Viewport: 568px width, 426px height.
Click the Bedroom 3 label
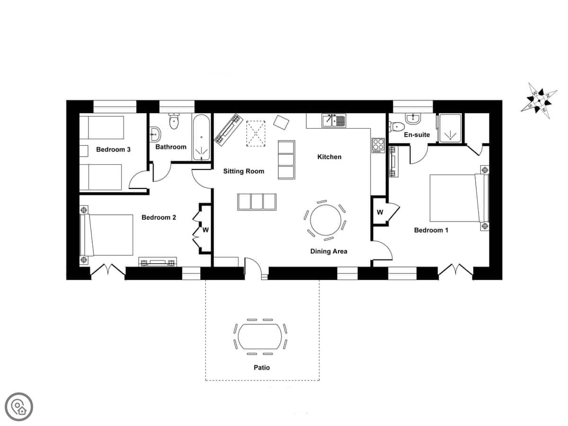[113, 150]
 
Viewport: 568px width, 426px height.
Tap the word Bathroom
[171, 147]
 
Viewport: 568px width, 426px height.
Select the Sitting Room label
[243, 171]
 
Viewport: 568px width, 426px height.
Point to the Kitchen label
[329, 157]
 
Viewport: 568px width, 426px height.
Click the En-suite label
[417, 134]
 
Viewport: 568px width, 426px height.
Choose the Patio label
[262, 368]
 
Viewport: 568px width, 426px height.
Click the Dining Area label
[328, 251]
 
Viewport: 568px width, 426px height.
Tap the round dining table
[326, 220]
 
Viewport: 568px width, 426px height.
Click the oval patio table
[259, 337]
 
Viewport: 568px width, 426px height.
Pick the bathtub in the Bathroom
[201, 137]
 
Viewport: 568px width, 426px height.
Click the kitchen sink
[334, 120]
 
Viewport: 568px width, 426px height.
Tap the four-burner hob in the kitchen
[378, 145]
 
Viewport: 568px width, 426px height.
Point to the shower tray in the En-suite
[450, 128]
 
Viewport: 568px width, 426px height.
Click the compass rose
[539, 101]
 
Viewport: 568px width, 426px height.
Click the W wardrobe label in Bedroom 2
[205, 230]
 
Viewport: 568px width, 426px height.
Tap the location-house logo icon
[19, 407]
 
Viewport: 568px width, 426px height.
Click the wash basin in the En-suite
[413, 119]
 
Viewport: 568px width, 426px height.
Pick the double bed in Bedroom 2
[106, 235]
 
